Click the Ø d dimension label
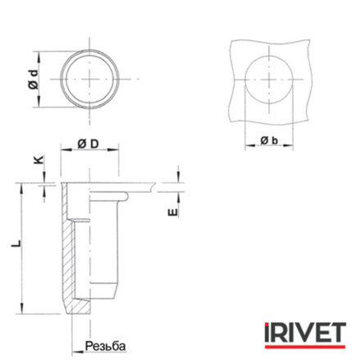33,80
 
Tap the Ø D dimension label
88,144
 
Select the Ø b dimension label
269,140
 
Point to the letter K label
39,159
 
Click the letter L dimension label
16,244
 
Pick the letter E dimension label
173,212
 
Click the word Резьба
106,346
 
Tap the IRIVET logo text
305,332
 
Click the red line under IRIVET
305,347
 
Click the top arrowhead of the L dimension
21,189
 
